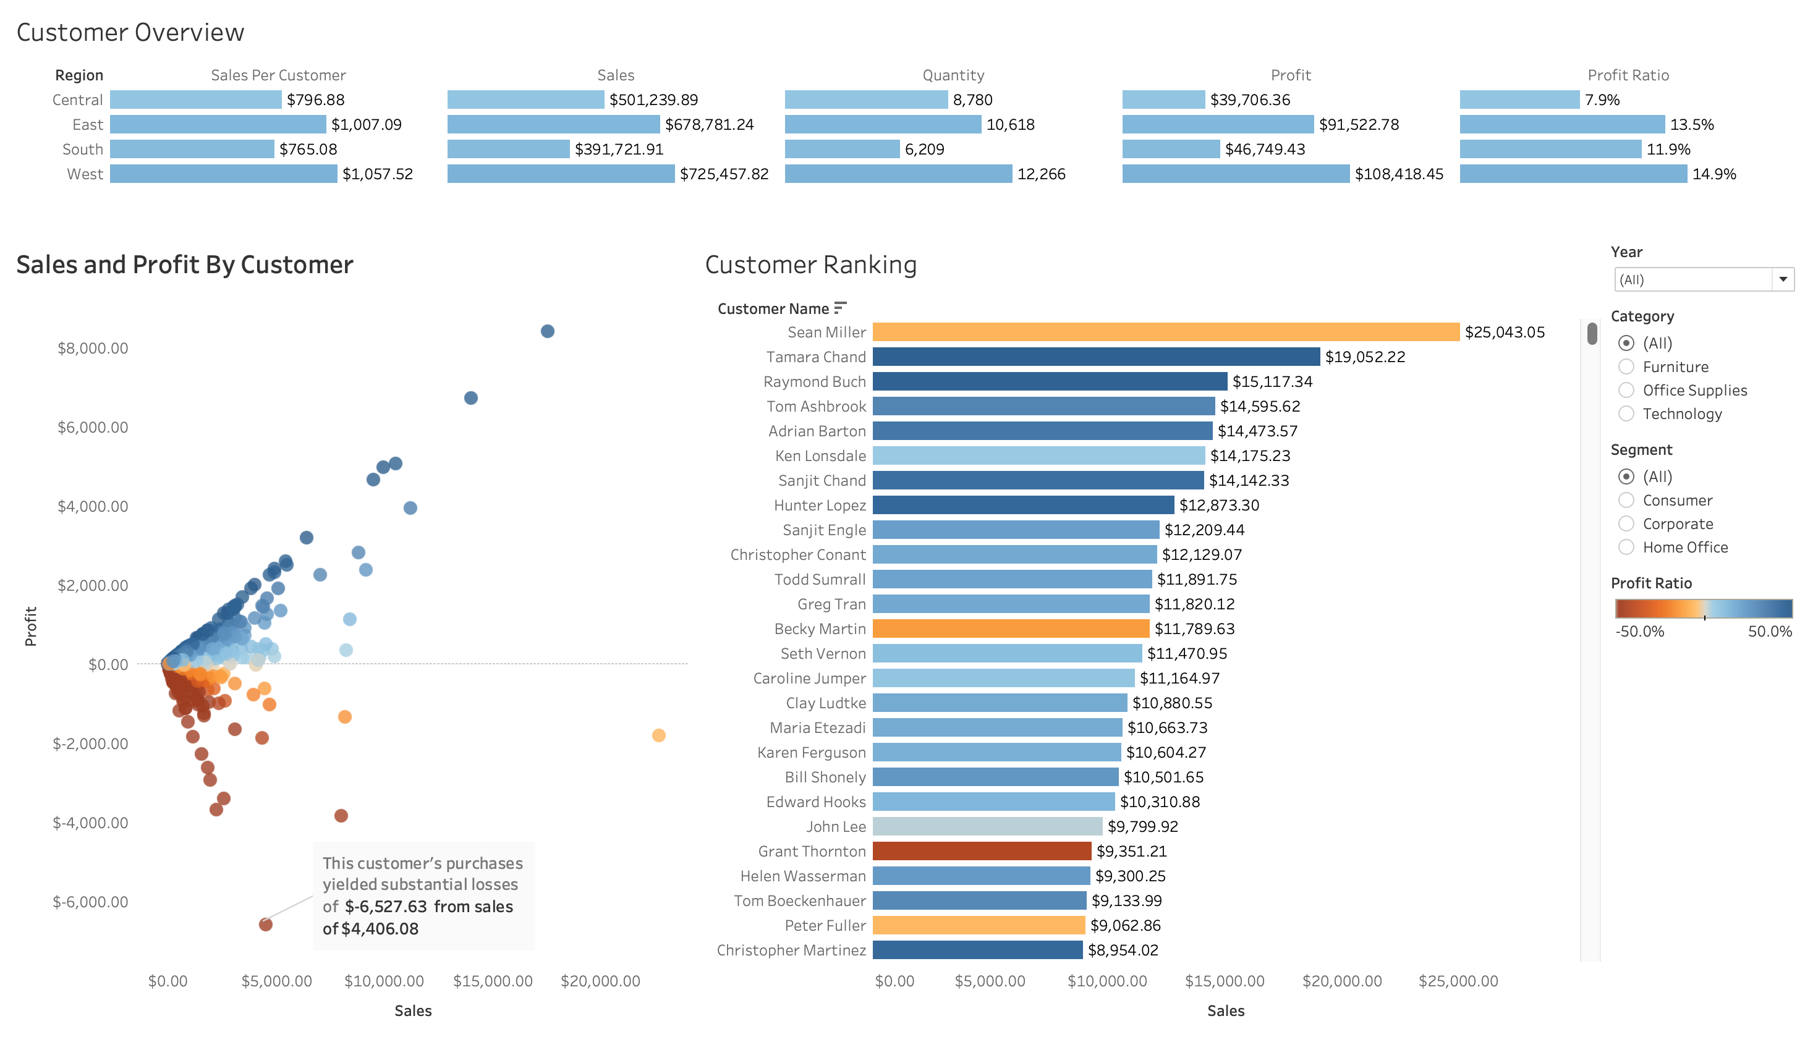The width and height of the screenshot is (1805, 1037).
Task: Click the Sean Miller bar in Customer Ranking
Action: tap(1165, 332)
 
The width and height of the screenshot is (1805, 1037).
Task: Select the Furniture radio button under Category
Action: tap(1626, 367)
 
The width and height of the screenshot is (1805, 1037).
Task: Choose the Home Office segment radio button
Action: tap(1626, 547)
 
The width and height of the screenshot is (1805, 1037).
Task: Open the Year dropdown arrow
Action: tap(1782, 279)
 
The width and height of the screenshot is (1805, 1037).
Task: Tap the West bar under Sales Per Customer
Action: tap(223, 174)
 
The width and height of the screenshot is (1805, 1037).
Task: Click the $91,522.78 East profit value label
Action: tap(1358, 125)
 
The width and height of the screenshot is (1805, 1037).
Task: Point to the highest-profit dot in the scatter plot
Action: tap(547, 331)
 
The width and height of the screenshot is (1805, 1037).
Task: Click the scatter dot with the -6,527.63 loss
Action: tap(266, 925)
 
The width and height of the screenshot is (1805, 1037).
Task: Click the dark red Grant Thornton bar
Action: tap(981, 851)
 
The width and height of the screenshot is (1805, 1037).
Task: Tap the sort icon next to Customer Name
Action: tap(840, 308)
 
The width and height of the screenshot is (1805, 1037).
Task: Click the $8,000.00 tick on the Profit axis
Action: tap(93, 349)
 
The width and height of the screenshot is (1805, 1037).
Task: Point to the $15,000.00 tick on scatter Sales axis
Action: tap(492, 981)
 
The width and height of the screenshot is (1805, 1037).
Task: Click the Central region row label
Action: tap(78, 99)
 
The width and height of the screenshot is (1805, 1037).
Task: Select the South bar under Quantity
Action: tap(841, 149)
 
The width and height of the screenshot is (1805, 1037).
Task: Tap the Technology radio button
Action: tap(1626, 414)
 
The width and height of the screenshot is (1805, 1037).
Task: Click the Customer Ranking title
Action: tap(810, 265)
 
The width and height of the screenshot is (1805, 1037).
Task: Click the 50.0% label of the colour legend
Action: tap(1769, 631)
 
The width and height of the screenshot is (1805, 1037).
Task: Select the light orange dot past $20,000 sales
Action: tap(658, 735)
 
